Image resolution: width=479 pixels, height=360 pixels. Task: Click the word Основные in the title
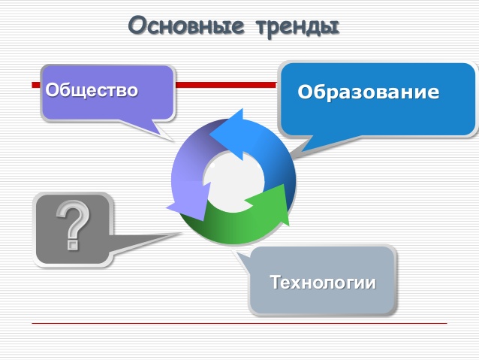pos(186,25)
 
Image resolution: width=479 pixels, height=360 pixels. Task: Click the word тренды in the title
pos(298,27)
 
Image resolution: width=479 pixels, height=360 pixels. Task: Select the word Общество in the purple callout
pos(92,90)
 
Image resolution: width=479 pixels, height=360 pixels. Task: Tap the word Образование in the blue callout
pos(369,92)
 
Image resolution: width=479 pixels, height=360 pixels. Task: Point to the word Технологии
pos(323,282)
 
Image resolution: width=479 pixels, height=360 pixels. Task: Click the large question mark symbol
pos(74,225)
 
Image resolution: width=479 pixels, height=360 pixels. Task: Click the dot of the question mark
pos(73,245)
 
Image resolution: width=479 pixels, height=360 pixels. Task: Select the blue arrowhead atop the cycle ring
pos(227,134)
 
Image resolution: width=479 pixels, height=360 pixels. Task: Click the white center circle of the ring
pos(234,181)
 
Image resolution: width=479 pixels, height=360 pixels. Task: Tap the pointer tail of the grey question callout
pos(143,242)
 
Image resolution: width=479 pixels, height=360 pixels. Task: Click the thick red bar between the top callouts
pos(226,85)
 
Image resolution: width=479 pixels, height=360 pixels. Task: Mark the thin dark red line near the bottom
pos(239,323)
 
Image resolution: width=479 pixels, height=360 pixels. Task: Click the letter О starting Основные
pos(137,25)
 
